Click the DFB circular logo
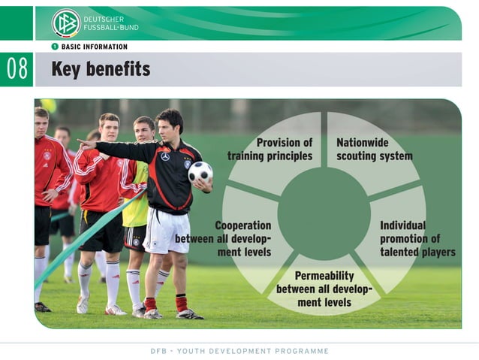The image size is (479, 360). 65,23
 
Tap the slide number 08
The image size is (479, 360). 17,70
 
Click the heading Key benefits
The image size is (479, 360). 101,70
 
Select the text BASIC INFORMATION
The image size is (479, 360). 95,47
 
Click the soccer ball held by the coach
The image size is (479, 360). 200,172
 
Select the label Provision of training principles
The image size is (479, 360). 270,149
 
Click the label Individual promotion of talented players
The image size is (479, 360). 417,238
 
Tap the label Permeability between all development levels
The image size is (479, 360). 324,289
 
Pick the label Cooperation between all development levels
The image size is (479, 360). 224,238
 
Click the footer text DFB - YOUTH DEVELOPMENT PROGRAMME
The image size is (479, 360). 239,351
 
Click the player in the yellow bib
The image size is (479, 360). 137,203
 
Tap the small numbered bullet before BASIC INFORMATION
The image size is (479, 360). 55,47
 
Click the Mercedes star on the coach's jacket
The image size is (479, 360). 165,156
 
